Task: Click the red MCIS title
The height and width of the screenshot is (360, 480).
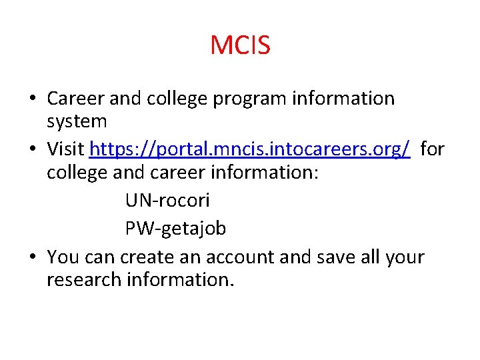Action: (240, 45)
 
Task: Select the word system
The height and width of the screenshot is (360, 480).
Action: (77, 122)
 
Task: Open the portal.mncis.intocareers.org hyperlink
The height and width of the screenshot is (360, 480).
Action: (250, 149)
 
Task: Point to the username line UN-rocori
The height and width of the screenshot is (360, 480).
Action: (167, 199)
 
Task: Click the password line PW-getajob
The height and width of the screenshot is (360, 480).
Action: (175, 229)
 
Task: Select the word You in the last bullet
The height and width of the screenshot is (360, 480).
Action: (63, 257)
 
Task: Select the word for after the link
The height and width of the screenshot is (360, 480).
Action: (432, 149)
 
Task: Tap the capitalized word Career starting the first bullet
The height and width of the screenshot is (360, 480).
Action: (75, 99)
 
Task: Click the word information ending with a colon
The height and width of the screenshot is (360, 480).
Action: (267, 173)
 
